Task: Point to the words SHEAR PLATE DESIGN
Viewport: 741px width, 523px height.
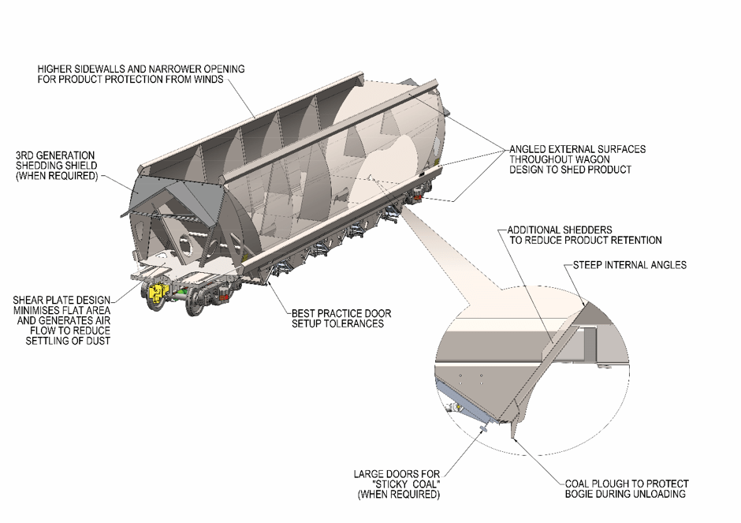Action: tap(61, 300)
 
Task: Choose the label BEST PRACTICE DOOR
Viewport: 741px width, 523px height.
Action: tap(341, 313)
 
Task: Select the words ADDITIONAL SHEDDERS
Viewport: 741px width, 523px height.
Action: tap(560, 229)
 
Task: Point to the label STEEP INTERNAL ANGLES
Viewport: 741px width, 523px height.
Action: tap(626, 265)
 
